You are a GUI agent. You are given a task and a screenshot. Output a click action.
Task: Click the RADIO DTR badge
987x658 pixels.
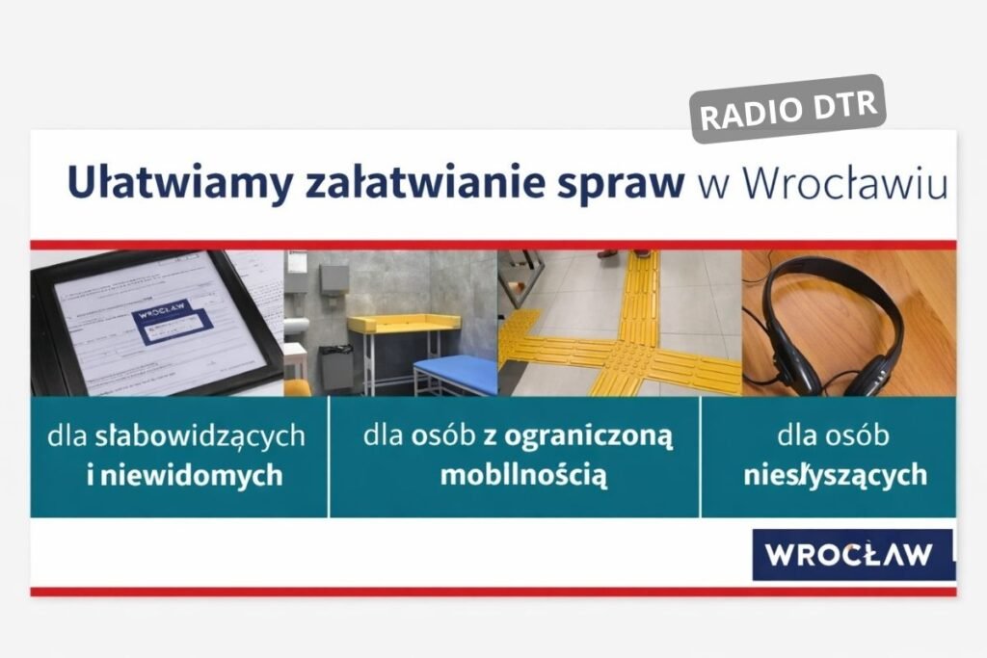pyautogui.click(x=788, y=108)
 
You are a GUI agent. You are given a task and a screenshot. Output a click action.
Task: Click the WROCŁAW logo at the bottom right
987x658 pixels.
pyautogui.click(x=850, y=555)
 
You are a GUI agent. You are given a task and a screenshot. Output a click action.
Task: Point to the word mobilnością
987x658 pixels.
pyautogui.click(x=523, y=475)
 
